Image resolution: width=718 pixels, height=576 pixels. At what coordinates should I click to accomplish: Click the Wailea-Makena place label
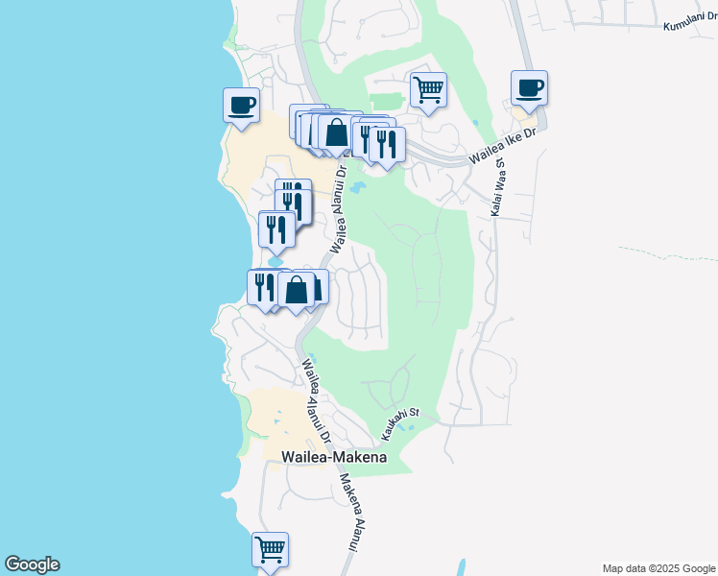[334, 458]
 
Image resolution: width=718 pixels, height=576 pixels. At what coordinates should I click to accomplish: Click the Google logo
[32, 564]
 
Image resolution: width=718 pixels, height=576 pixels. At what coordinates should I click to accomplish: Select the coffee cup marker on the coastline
[241, 105]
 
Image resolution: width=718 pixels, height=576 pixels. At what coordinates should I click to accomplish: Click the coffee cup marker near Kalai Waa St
[529, 88]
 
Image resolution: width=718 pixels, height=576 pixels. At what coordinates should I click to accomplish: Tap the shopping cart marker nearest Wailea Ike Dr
[428, 90]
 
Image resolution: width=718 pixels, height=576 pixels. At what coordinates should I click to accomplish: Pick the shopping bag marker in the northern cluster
[336, 132]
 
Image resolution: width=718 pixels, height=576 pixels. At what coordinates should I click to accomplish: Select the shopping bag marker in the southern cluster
[297, 289]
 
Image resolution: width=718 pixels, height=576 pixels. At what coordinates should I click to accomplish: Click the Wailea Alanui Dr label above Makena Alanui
[316, 400]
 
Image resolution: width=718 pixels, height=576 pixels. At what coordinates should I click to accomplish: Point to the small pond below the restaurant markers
[276, 260]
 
